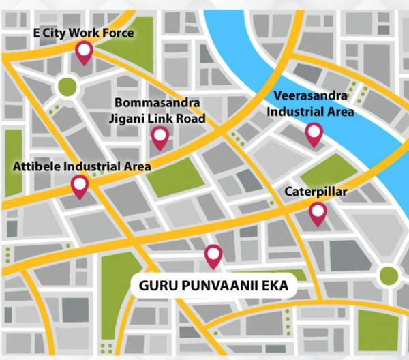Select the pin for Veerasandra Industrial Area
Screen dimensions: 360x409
click(314, 134)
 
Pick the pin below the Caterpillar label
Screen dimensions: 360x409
click(318, 213)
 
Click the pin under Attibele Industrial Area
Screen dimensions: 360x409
click(80, 185)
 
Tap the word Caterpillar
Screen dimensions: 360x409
click(316, 192)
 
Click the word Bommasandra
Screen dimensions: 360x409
click(158, 103)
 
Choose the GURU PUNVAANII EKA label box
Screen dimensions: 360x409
click(213, 286)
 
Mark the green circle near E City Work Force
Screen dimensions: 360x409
click(67, 86)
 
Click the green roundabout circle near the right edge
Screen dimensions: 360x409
click(388, 275)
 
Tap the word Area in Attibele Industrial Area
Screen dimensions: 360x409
click(135, 166)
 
